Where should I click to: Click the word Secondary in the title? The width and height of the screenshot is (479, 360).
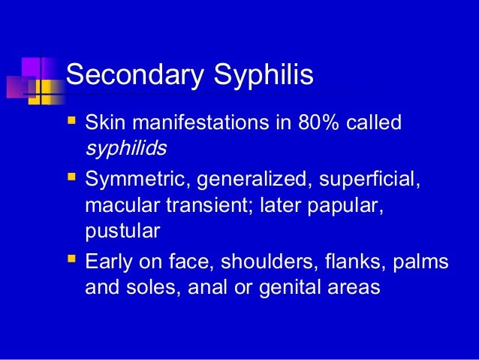[129, 74]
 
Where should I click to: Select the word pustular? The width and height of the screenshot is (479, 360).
[122, 231]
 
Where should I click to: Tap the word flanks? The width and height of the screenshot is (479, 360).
[358, 264]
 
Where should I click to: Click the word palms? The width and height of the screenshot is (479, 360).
[424, 264]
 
